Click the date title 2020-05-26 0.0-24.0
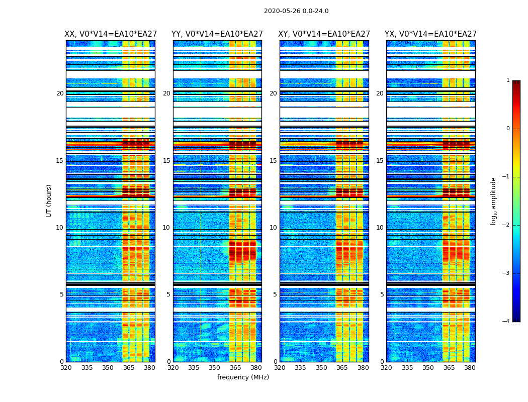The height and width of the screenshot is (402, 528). pos(296,11)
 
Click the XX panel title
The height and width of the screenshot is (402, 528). pos(110,34)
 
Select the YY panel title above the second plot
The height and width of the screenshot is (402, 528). pos(217,34)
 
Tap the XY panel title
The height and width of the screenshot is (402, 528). pos(324,34)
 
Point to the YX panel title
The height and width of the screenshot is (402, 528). pos(430,34)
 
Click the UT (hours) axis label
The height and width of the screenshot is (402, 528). pos(49,200)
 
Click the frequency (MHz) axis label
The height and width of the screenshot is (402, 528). pos(243,377)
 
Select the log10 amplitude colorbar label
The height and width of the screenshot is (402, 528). pos(494,200)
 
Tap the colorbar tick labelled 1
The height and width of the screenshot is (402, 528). pos(508,80)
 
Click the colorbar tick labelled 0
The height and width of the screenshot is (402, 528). pos(508,129)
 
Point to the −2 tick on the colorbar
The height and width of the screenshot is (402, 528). pos(506,225)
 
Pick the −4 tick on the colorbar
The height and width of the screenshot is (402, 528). pos(506,322)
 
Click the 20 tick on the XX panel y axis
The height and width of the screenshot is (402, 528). pos(60,93)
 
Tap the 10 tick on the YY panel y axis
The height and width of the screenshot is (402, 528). pos(166,228)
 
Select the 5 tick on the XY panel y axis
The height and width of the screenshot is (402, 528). pos(275,294)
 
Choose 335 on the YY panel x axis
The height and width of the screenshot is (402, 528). pos(194,368)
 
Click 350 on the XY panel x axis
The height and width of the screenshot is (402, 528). pos(321,368)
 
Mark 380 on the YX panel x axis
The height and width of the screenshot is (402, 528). pos(470,368)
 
